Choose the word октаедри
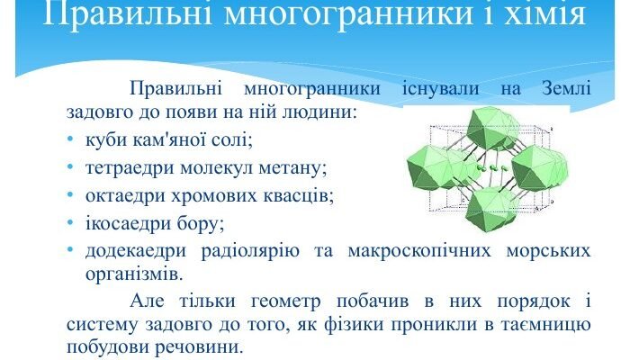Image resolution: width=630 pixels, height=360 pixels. pyautogui.click(x=123, y=194)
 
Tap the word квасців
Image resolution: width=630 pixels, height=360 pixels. pyautogui.click(x=294, y=194)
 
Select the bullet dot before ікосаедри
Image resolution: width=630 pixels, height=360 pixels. pyautogui.click(x=70, y=221)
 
